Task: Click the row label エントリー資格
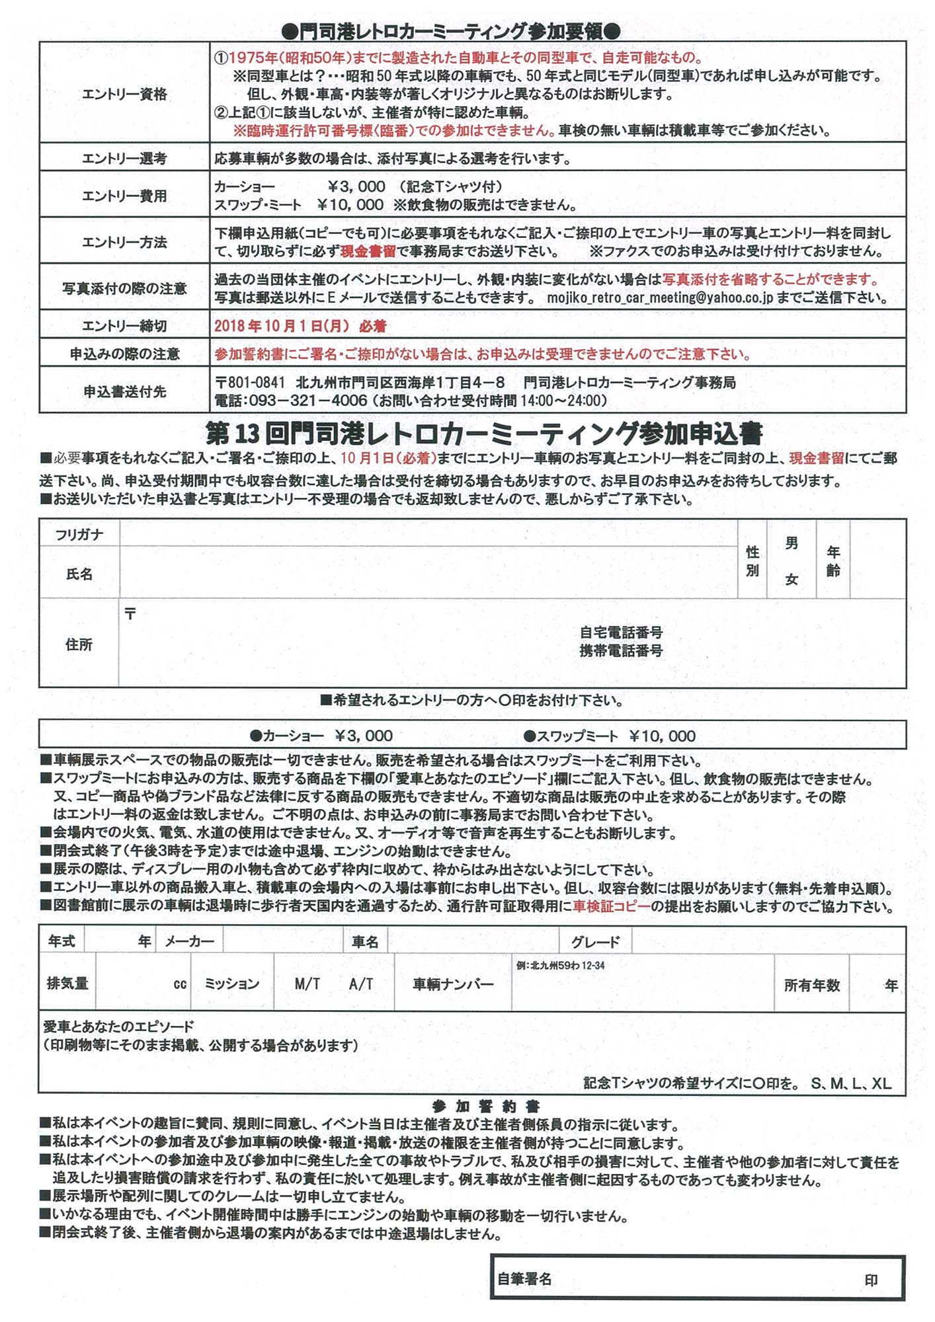[x=124, y=95]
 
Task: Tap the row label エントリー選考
[x=124, y=159]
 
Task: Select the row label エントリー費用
[x=124, y=196]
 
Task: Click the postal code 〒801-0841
[x=251, y=383]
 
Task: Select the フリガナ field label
[x=79, y=535]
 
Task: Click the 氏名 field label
[x=79, y=574]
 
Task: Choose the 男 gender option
[x=792, y=544]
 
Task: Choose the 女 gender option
[x=792, y=580]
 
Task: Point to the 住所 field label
[x=79, y=644]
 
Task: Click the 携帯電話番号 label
[x=621, y=650]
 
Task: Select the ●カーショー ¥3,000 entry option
[x=321, y=736]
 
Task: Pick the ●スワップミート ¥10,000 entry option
[x=609, y=736]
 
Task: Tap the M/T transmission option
[x=307, y=984]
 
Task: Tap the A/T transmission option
[x=361, y=984]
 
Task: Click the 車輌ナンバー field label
[x=453, y=984]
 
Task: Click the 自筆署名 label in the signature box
[x=524, y=1279]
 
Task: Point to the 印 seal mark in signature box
[x=871, y=1280]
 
